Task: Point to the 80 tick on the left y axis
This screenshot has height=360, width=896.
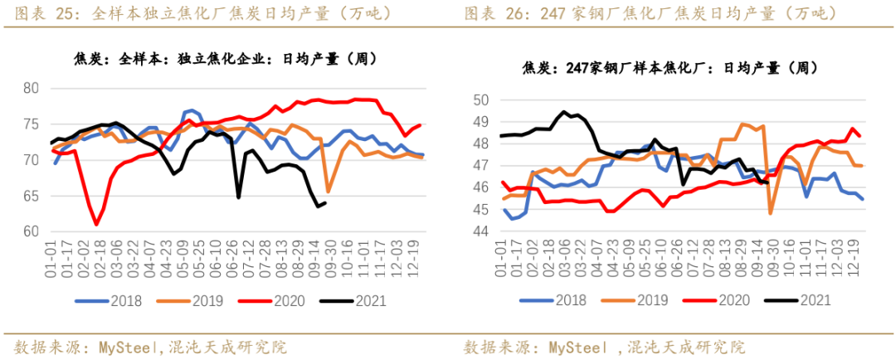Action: click(32, 89)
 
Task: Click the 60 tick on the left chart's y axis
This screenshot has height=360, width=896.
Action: click(32, 231)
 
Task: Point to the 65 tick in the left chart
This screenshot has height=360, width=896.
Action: click(32, 196)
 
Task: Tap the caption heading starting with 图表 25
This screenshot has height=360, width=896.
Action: click(203, 14)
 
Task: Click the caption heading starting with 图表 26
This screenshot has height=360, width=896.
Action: click(650, 14)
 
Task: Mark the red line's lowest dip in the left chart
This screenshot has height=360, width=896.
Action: click(96, 224)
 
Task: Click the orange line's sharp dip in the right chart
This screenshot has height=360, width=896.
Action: click(771, 213)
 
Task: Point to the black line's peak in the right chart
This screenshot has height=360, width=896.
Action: click(564, 111)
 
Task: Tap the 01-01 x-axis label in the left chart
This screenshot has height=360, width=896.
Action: click(51, 258)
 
